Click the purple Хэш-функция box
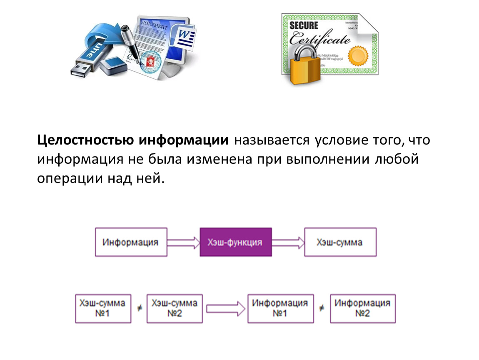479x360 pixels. [236, 242]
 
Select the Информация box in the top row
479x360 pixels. [131, 242]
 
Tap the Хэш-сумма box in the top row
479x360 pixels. [340, 242]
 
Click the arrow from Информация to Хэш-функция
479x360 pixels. [184, 242]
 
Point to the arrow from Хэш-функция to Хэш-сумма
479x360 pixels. [288, 242]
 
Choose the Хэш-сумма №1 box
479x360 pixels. [103, 309]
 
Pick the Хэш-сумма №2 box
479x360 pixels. [175, 309]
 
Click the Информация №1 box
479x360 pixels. [280, 309]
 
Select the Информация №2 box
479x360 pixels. [363, 309]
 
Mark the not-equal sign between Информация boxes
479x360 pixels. [322, 308]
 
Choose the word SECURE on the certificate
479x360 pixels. [304, 25]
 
